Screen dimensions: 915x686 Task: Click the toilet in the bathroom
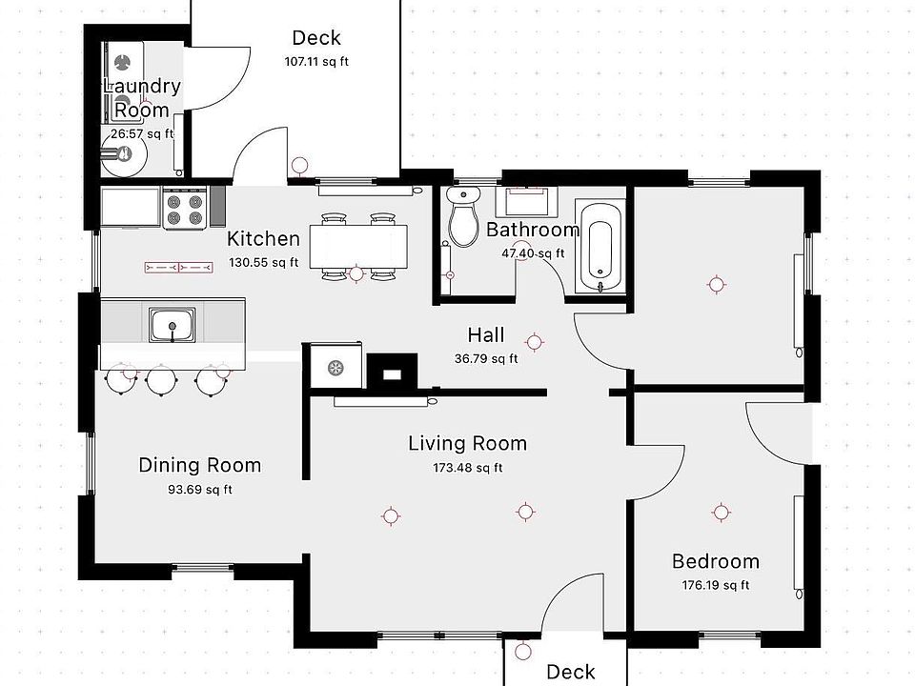click(x=463, y=216)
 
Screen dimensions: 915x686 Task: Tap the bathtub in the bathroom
click(x=600, y=246)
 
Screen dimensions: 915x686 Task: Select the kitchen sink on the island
click(x=173, y=325)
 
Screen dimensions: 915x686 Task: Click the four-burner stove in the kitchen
click(x=185, y=208)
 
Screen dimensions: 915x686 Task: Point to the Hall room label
click(x=486, y=335)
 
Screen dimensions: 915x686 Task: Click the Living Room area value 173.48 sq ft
click(x=467, y=468)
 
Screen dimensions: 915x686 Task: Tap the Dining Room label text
click(x=199, y=466)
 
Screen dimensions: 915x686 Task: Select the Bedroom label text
click(x=716, y=561)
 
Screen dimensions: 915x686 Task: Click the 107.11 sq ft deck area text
click(x=316, y=61)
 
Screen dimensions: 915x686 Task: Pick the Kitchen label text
click(x=263, y=238)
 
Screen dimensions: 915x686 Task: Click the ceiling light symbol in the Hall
click(x=534, y=342)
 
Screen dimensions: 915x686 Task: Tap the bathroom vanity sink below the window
click(x=527, y=201)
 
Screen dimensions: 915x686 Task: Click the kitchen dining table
click(x=358, y=246)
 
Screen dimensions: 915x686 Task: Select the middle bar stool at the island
click(x=160, y=381)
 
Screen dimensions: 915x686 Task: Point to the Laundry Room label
click(x=142, y=97)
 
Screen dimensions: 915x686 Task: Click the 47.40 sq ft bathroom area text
click(x=533, y=253)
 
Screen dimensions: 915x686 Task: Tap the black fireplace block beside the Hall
click(x=392, y=371)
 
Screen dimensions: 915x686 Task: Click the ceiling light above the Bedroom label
click(x=722, y=513)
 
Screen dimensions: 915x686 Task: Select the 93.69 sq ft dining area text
click(x=199, y=490)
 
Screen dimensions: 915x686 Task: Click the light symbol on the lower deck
click(x=523, y=651)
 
